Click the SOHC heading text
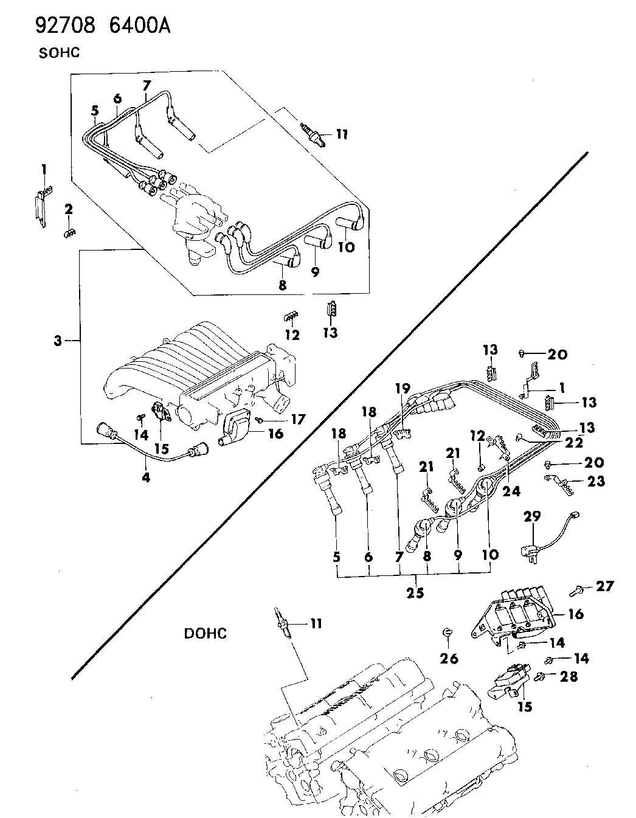(60, 52)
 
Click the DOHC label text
(206, 633)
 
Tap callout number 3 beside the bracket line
(57, 342)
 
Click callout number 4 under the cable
(146, 478)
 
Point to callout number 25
(416, 592)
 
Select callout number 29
(532, 517)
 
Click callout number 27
(605, 586)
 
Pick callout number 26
(449, 658)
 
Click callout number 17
(297, 419)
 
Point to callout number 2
(69, 210)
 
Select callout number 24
(511, 491)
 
